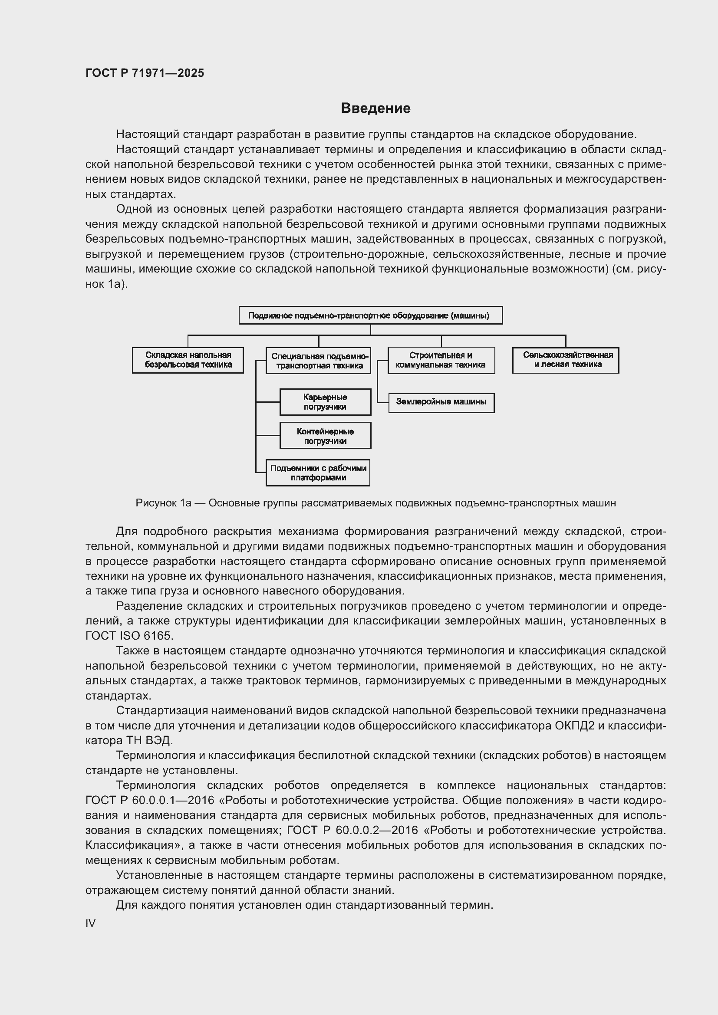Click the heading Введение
pos(375,108)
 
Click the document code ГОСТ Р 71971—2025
pos(145,73)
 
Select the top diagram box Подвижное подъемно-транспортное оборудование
pos(370,315)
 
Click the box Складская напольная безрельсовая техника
pos(188,360)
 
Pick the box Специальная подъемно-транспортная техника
pos(319,361)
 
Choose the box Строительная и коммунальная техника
pos(441,360)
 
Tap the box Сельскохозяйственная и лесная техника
pos(566,360)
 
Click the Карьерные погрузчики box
pos(325,402)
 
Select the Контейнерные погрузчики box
pos(325,435)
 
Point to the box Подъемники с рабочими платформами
pos(318,473)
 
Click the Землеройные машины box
pos(441,402)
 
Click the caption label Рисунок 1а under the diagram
pos(163,503)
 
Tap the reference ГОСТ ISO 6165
pos(128,636)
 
